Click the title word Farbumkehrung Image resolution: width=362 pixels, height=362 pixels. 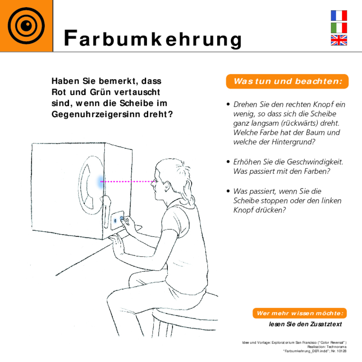[153, 39]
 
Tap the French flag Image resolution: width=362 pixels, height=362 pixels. [339, 15]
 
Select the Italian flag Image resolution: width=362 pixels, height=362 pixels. [339, 28]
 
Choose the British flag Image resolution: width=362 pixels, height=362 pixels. [339, 40]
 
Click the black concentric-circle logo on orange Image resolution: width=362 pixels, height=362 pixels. [26, 26]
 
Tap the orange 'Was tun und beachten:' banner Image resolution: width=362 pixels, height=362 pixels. [287, 81]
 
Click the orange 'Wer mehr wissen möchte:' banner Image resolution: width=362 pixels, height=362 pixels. [300, 313]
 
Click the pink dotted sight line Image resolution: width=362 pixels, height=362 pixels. [128, 181]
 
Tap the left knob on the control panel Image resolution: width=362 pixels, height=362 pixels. [115, 221]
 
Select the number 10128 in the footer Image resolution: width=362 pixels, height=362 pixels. [342, 351]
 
